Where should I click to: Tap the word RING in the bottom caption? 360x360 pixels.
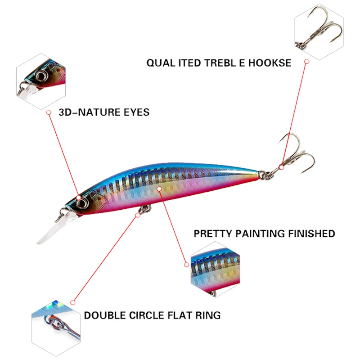pos(208,315)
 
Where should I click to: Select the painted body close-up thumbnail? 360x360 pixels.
pos(213,268)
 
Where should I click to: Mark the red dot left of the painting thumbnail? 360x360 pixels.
pos(186,265)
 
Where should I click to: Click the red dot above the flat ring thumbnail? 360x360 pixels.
pos(72,301)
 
